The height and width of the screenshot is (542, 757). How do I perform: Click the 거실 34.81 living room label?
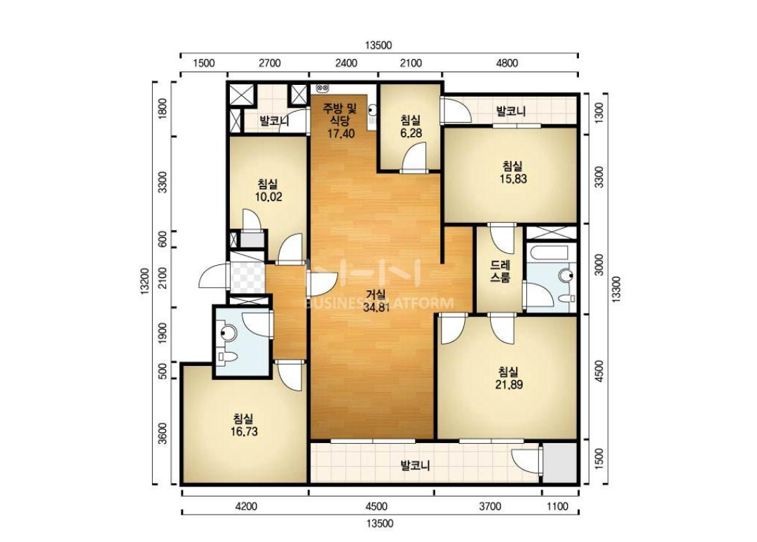point(376,301)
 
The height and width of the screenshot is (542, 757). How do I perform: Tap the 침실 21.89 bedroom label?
point(509,378)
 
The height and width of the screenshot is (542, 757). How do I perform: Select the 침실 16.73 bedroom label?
point(244,425)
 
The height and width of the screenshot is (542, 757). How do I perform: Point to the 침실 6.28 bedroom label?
point(411,127)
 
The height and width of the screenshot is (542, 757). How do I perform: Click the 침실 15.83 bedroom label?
point(512,172)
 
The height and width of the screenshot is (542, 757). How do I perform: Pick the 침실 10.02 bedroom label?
point(268,190)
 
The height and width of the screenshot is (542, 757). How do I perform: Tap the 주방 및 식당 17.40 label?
point(341,120)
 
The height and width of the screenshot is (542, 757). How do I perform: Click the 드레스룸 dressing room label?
point(500,271)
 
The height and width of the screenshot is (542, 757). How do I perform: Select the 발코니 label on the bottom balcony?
point(415,466)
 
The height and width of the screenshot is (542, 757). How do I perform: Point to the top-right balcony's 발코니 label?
point(511,111)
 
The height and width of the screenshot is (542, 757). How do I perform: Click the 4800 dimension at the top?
point(507,63)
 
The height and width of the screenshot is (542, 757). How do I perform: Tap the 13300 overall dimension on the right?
point(617,290)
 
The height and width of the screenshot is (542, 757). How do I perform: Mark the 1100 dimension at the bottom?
point(558,506)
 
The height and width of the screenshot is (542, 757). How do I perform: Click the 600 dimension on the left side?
point(163,239)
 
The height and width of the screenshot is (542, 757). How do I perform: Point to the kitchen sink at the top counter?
point(322,88)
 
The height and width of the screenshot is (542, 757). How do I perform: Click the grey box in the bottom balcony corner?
point(559,463)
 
